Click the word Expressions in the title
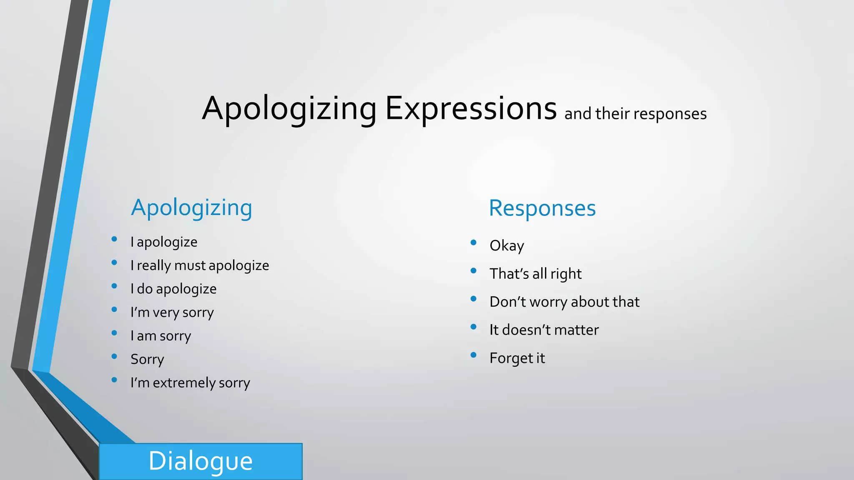470,108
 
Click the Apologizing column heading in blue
191,207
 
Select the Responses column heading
542,208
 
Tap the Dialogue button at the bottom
201,461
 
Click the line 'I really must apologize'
200,265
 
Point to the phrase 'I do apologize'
173,289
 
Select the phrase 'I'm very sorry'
172,312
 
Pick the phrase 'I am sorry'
161,336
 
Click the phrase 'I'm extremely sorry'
190,383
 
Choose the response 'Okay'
507,246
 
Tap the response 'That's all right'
535,274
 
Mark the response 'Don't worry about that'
564,302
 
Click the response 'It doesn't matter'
544,330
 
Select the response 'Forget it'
517,358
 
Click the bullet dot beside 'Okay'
473,242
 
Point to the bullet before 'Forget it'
473,355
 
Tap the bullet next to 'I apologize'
114,239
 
